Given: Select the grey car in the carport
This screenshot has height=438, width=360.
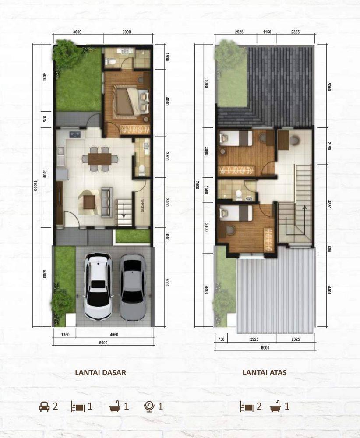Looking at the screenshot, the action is click(133, 286).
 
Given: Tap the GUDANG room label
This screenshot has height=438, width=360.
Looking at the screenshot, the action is click(143, 205).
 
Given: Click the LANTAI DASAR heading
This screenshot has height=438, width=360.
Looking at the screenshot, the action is click(101, 372).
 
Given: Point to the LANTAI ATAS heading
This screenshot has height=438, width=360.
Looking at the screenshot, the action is click(265, 372).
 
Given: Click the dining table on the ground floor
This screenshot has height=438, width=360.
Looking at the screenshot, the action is click(100, 159).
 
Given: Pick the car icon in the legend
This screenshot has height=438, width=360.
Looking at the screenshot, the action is click(44, 406).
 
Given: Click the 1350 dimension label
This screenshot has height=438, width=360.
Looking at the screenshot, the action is click(65, 334).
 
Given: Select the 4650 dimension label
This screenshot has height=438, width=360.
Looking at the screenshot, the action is click(114, 334).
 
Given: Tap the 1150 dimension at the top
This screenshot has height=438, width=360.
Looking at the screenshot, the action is click(267, 32).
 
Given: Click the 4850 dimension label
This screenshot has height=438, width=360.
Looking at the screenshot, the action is click(329, 204).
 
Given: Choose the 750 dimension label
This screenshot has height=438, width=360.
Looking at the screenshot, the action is click(221, 339).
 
